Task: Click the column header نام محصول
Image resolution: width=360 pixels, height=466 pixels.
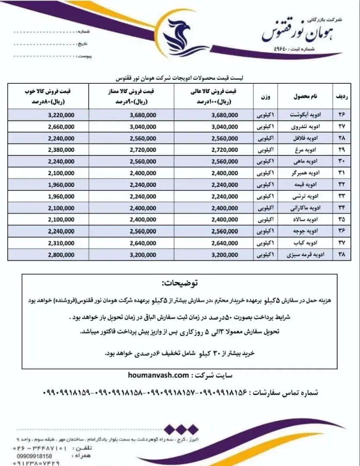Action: (304, 97)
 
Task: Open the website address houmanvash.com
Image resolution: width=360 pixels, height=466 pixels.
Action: (158, 375)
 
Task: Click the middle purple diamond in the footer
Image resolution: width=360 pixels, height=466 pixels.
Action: (180, 429)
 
